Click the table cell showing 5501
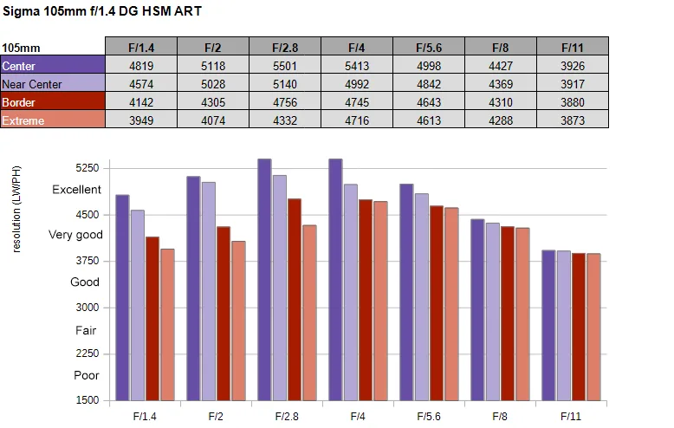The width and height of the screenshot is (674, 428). click(284, 66)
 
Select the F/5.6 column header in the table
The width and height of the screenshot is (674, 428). click(429, 48)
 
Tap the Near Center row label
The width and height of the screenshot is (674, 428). click(53, 84)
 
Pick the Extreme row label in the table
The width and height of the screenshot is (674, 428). click(53, 120)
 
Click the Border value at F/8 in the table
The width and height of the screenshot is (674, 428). click(501, 102)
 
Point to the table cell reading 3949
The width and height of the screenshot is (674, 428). click(141, 120)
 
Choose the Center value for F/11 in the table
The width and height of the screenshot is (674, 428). click(573, 66)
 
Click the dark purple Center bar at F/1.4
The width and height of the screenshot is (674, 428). click(122, 297)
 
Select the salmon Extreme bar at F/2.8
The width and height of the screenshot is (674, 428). click(309, 313)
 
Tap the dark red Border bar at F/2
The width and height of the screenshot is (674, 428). click(224, 314)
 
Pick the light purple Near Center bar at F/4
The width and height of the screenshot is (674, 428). click(351, 292)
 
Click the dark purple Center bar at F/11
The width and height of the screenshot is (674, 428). click(548, 325)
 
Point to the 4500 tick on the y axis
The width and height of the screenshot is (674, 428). click(87, 214)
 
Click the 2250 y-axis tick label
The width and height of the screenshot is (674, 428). click(87, 353)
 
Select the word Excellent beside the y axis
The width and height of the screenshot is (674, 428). click(76, 190)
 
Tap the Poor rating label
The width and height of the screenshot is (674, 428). click(87, 375)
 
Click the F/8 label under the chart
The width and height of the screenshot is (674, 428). click(500, 417)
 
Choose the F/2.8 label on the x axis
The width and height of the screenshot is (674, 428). click(287, 417)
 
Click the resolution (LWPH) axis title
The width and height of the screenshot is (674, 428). click(16, 210)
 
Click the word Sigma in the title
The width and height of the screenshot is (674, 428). click(22, 11)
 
